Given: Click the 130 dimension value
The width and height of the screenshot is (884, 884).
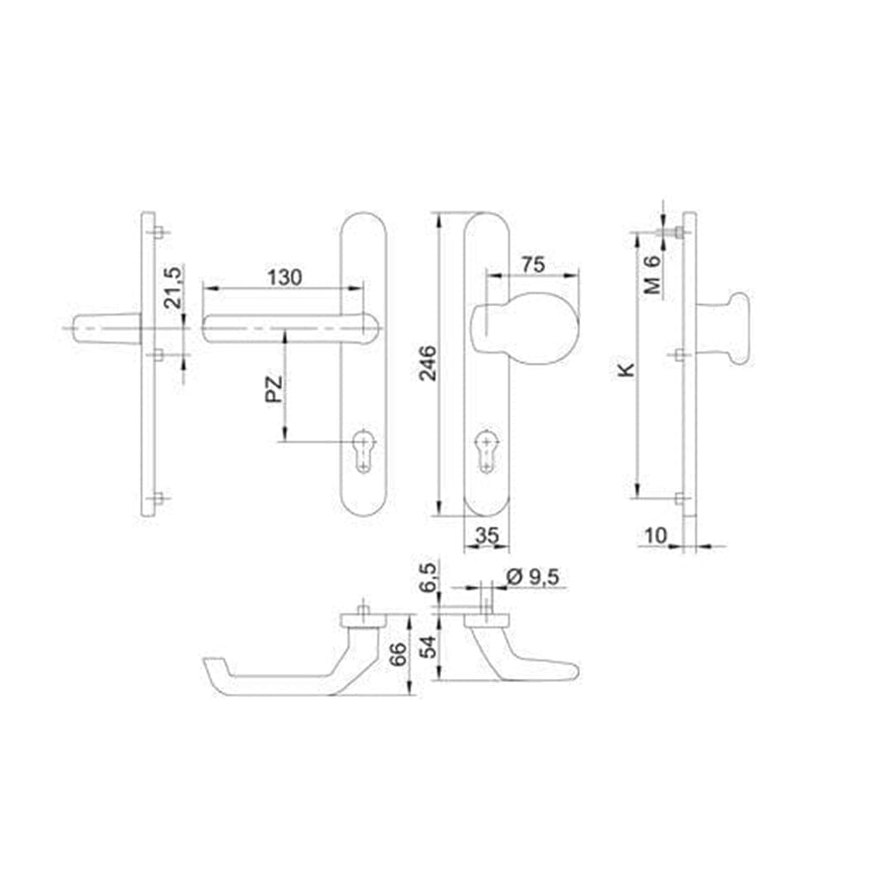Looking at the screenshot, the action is tap(285, 278).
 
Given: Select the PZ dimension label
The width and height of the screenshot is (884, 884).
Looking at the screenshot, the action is tap(273, 390).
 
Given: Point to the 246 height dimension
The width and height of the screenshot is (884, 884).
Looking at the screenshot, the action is tap(428, 363).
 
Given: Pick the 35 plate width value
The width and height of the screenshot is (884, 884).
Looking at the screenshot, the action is tap(487, 535).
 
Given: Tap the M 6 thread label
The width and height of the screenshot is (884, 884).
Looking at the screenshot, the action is tap(652, 275).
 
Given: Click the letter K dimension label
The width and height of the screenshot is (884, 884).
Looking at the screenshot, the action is tap(626, 370).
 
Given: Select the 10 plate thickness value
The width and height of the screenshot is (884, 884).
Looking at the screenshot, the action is tap(656, 535).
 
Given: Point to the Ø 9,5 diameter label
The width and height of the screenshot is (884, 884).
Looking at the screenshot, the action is tap(532, 576).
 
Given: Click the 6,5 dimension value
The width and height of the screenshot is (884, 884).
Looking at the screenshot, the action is tap(428, 577).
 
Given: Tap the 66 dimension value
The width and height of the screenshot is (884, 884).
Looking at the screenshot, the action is tap(398, 654).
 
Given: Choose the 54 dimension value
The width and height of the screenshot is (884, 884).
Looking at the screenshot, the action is tap(428, 647).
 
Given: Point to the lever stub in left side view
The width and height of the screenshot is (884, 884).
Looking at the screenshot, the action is tap(107, 328).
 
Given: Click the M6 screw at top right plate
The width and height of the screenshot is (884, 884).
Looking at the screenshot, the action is tap(671, 232).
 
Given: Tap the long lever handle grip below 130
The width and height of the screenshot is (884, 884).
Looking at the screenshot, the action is tap(290, 328).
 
